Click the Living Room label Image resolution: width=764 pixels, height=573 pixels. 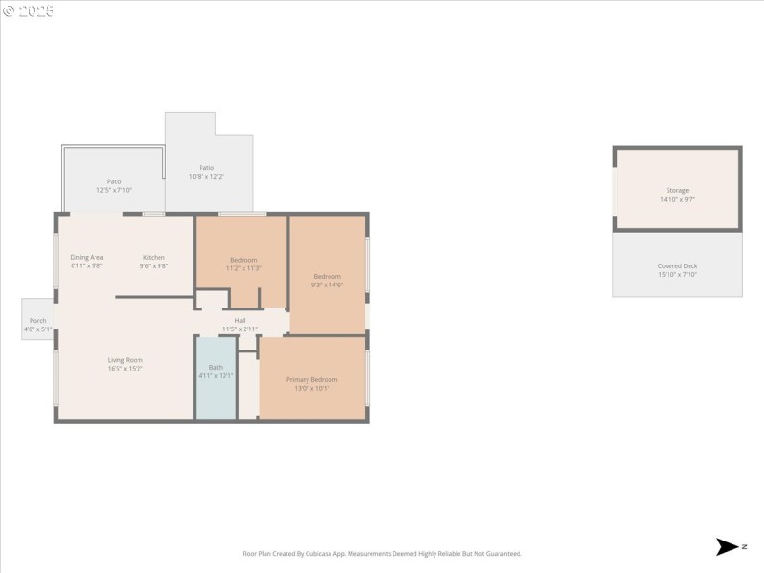125,360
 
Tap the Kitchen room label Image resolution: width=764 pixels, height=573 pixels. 154,257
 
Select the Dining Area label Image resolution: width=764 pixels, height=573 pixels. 86,257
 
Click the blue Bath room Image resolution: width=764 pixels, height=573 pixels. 216,377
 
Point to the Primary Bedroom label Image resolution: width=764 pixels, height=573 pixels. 311,379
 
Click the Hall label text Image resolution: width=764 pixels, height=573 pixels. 241,320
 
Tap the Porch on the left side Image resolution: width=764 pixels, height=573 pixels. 38,320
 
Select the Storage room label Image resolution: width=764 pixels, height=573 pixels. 677,190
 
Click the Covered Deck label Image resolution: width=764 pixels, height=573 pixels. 677,265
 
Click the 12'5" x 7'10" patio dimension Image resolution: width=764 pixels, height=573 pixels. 114,190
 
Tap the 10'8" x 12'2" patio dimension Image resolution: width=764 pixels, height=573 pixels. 206,176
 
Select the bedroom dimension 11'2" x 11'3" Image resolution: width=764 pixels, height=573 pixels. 244,268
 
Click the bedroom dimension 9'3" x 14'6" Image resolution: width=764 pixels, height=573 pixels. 327,285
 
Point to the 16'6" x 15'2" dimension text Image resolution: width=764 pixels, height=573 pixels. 125,369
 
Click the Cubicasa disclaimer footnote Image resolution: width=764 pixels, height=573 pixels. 382,553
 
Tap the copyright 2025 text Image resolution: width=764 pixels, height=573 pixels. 29,11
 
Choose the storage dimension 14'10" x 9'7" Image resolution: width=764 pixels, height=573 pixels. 677,199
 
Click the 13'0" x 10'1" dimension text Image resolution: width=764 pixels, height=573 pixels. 311,388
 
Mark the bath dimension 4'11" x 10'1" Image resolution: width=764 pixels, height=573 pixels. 216,375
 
